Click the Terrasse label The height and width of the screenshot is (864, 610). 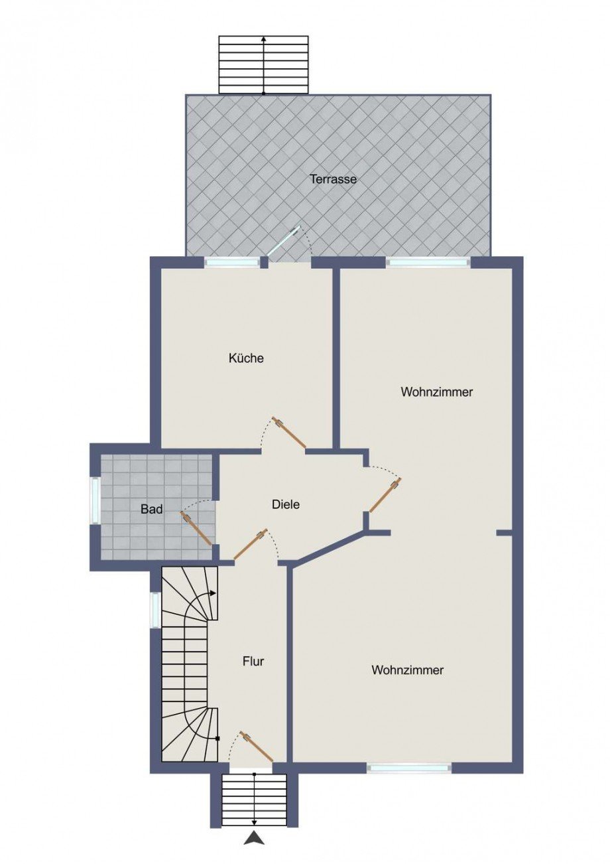(x=334, y=179)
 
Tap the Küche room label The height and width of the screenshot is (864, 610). (x=246, y=358)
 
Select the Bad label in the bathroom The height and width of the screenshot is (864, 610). (x=151, y=509)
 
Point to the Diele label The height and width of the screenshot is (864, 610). (x=286, y=504)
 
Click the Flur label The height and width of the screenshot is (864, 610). (x=253, y=661)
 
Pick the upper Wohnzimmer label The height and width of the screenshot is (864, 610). (x=436, y=392)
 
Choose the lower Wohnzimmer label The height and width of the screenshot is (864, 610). (x=407, y=670)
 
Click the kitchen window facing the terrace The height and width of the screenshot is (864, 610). (x=232, y=262)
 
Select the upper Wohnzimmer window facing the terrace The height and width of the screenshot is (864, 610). (x=428, y=262)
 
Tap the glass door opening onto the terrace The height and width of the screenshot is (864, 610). (x=284, y=240)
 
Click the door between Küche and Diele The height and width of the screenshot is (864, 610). (x=289, y=433)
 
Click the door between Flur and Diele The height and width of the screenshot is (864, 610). (x=251, y=544)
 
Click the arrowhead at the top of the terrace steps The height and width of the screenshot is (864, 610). (x=264, y=39)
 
